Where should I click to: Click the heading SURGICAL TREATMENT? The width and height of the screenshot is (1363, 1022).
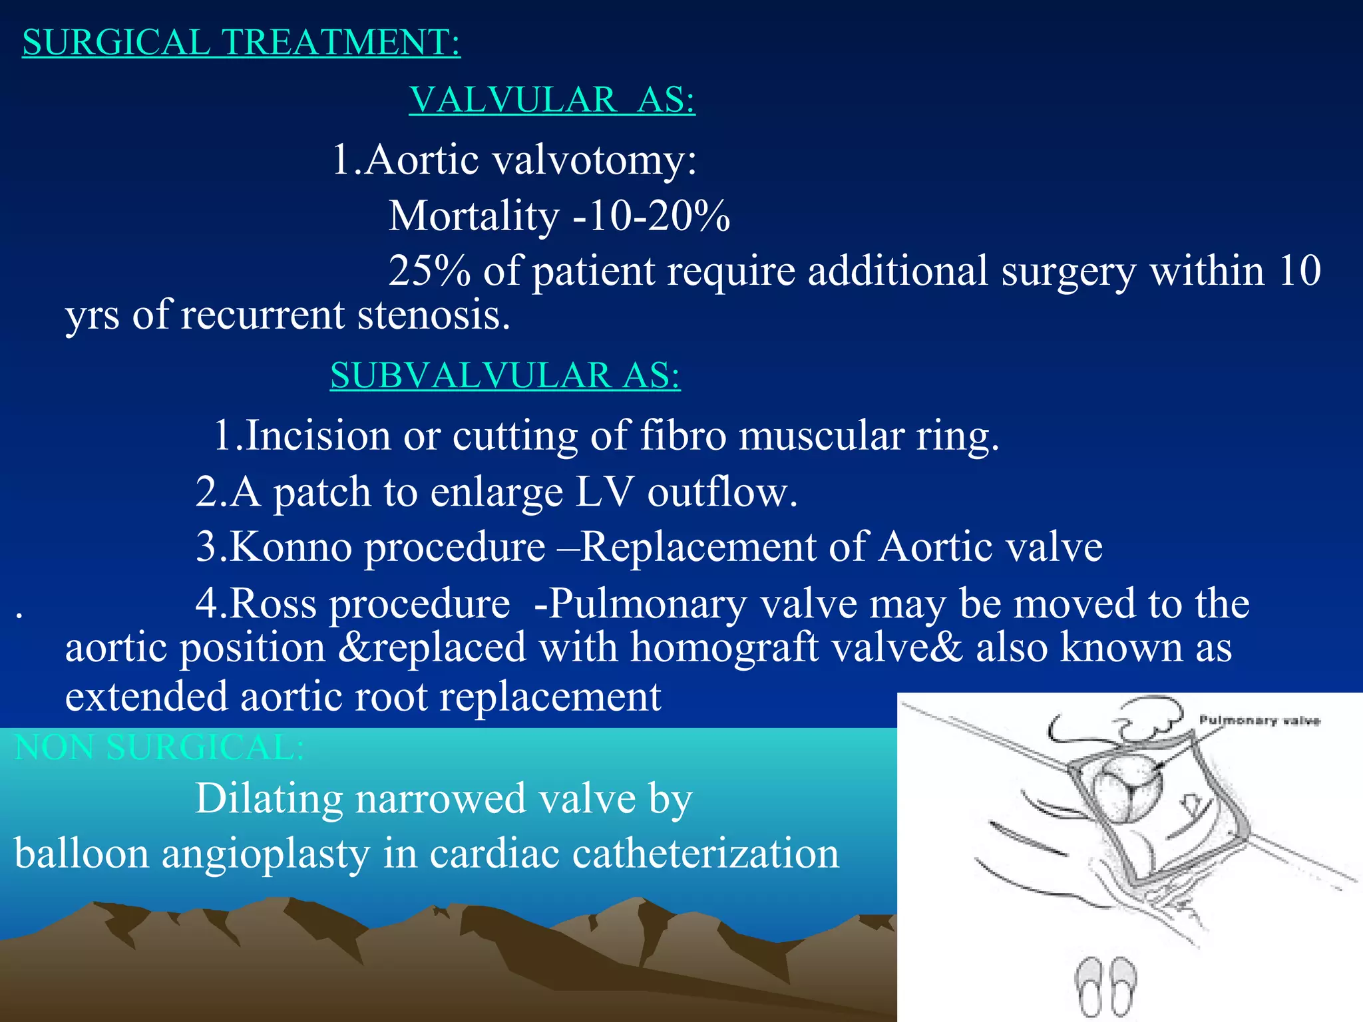click(241, 43)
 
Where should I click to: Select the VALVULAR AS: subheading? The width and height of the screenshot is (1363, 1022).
click(552, 100)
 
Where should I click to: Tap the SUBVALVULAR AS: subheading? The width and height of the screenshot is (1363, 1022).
click(505, 375)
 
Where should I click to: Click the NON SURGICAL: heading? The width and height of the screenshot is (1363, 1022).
click(159, 747)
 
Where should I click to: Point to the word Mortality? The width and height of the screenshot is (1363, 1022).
click(474, 216)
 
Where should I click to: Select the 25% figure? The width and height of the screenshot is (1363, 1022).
click(429, 271)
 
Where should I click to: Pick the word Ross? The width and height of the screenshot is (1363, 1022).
click(273, 603)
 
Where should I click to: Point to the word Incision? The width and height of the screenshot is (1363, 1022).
click(318, 436)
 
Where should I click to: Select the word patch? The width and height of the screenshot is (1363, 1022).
click(322, 492)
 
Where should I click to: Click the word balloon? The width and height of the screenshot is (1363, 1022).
click(82, 854)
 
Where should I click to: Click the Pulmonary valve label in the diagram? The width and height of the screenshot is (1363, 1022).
click(1259, 721)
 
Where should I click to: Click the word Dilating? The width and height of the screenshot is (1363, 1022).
click(268, 798)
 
